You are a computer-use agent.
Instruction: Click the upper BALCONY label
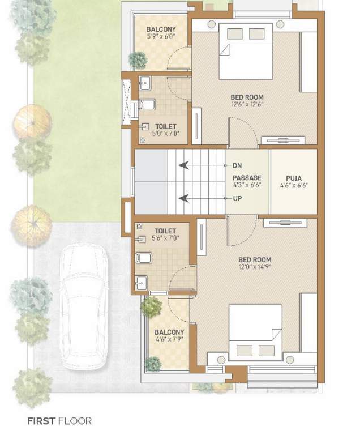point(161,29)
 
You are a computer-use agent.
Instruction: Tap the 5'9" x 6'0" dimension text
point(161,37)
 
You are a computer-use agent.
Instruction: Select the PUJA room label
point(294,177)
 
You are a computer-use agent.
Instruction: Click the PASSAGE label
point(247,177)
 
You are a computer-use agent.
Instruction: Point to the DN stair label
point(237,165)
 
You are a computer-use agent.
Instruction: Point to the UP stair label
point(237,198)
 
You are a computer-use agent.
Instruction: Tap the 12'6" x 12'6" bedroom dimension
point(247,104)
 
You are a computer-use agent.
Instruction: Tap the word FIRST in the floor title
point(41,421)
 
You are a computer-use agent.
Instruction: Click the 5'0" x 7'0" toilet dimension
point(165,134)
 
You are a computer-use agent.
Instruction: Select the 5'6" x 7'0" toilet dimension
point(165,239)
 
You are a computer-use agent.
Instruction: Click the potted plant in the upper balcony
point(138,58)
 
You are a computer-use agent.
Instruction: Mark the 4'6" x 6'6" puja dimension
point(294,185)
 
